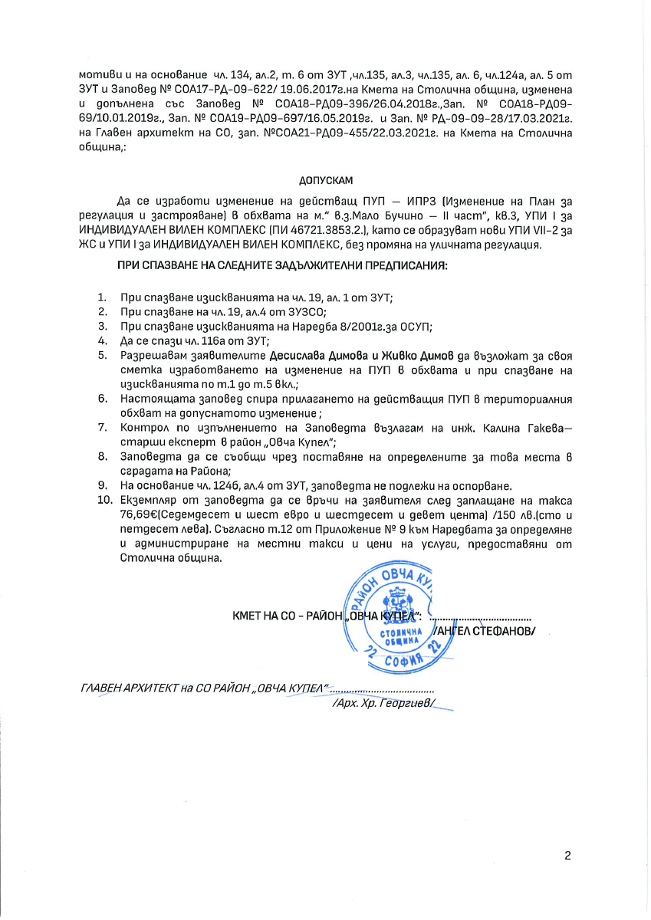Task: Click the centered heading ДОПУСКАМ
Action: pos(325,181)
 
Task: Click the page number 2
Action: pos(568,856)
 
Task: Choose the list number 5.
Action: pos(102,355)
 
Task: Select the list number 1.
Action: pos(102,297)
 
